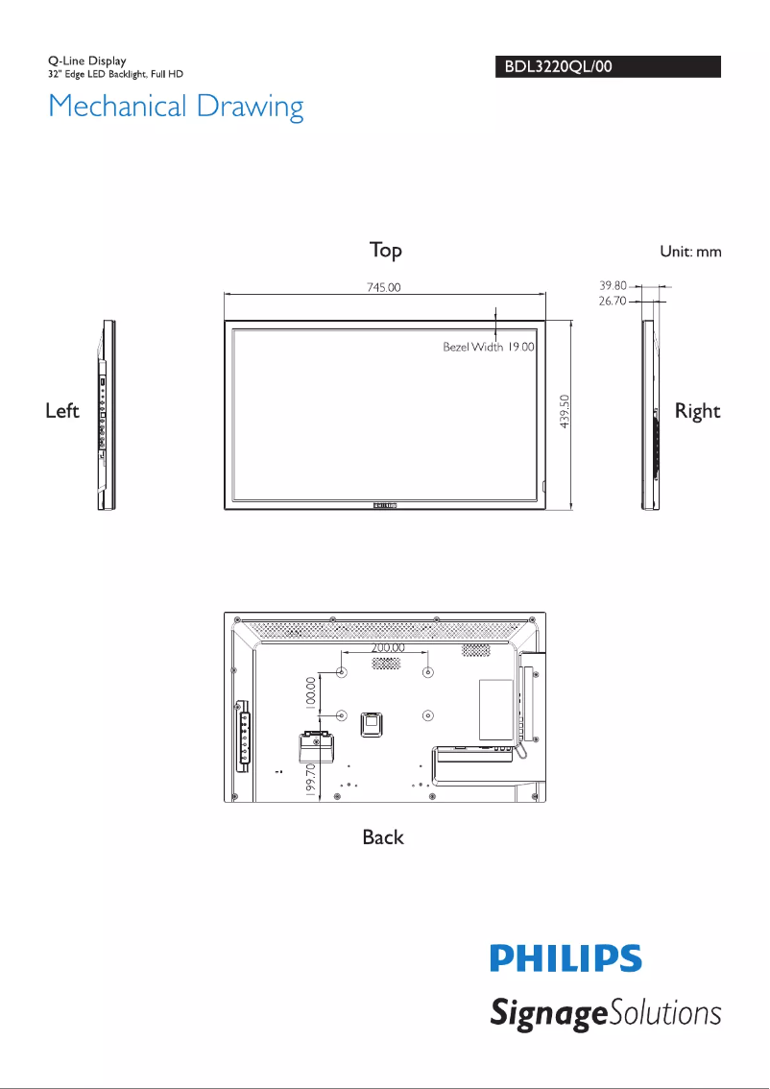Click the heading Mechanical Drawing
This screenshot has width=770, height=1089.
coord(176,106)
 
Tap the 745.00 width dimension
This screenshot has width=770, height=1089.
coord(383,286)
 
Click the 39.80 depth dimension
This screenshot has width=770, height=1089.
coord(613,286)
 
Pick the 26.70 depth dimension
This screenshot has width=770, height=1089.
coord(613,301)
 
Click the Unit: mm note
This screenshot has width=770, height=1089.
coord(689,252)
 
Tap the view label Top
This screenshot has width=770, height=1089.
coord(386,251)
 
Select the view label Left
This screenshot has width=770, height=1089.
coord(62,411)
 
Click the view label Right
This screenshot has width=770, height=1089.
coord(697,411)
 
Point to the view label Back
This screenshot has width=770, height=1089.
coord(383,837)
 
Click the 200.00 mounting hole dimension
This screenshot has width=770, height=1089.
coord(388,648)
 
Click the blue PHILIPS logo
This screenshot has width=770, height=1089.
coord(565,958)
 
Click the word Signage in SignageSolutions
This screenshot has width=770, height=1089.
coord(545,1014)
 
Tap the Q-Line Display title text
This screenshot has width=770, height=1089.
coord(87,61)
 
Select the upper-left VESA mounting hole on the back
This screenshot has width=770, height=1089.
coord(341,671)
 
